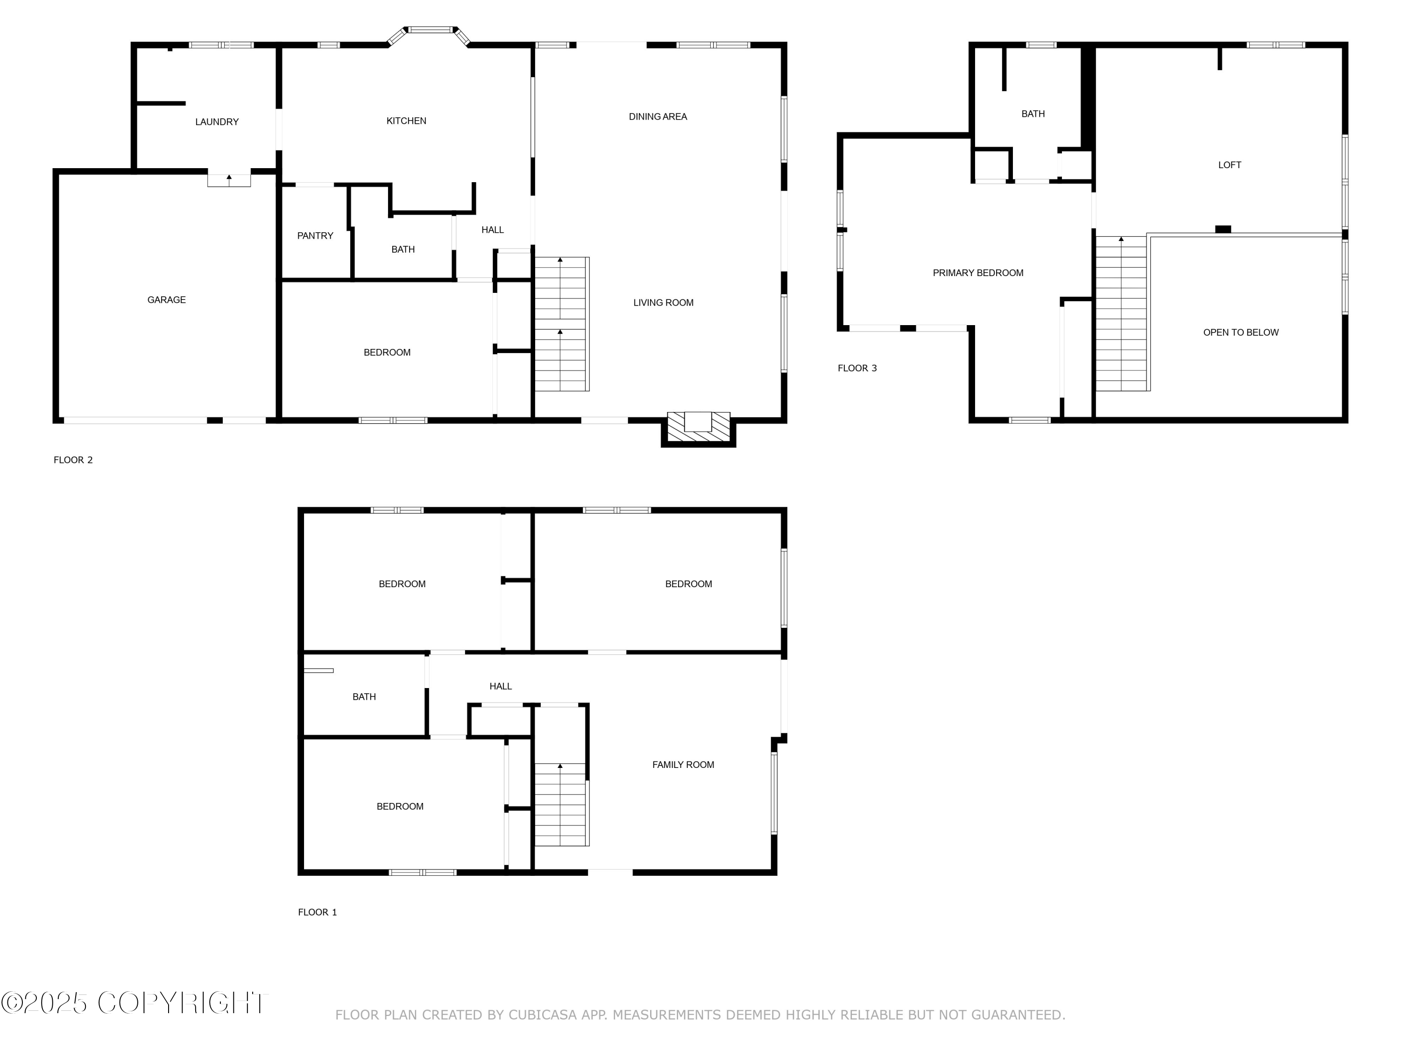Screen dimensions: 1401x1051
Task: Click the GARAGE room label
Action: [x=167, y=300]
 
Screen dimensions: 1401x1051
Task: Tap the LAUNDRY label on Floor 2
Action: [x=217, y=121]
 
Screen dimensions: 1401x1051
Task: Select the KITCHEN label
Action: [x=406, y=121]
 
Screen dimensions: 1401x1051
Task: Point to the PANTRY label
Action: [x=315, y=236]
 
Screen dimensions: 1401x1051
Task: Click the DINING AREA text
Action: [x=658, y=117]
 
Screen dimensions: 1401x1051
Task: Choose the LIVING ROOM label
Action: [x=663, y=303]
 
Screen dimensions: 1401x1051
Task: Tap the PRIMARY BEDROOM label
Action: [x=978, y=273]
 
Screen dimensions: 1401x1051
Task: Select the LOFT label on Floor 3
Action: [x=1229, y=165]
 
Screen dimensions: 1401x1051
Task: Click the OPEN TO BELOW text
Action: [x=1241, y=333]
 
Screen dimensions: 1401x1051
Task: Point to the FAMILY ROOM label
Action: [x=683, y=765]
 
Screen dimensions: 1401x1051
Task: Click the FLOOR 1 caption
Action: [x=317, y=912]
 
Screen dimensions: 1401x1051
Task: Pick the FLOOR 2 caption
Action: [x=73, y=460]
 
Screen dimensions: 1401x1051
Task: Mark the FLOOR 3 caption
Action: [x=857, y=368]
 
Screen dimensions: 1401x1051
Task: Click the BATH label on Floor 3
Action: [x=1033, y=114]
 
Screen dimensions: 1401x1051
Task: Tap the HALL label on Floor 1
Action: [x=500, y=686]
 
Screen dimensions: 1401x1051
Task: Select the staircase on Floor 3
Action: [x=1122, y=313]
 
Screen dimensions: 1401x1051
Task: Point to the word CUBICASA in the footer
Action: [x=543, y=1015]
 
